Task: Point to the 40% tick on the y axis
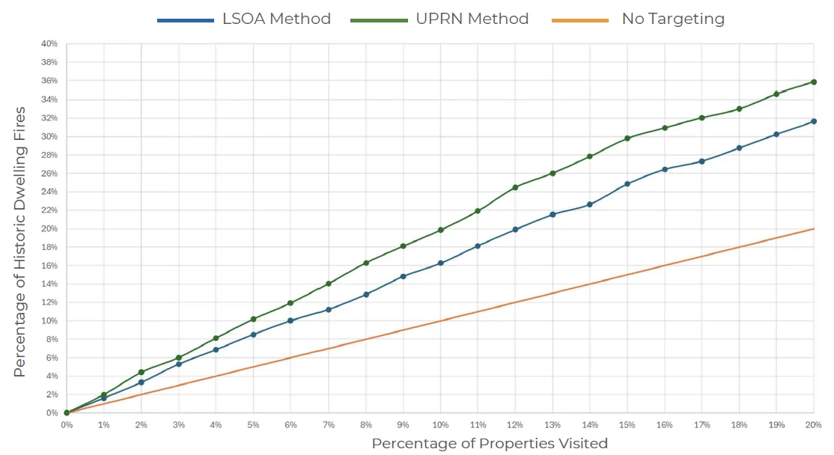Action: (49, 44)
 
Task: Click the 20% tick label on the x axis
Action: (814, 424)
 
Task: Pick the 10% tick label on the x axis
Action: (440, 424)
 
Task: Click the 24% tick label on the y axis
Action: (49, 192)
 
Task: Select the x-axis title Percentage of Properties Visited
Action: (490, 443)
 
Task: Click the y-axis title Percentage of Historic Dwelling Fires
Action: (20, 242)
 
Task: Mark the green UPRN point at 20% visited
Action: (814, 82)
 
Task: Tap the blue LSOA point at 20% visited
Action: (814, 121)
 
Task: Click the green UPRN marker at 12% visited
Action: (515, 187)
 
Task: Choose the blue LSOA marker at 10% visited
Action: (440, 263)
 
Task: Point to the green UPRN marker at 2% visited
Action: (141, 372)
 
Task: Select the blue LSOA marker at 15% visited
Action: (627, 183)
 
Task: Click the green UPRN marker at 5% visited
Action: (254, 319)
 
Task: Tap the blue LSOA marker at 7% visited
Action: (328, 309)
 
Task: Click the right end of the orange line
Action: (814, 228)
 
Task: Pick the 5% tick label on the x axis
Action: (254, 424)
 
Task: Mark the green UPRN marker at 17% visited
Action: (701, 117)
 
